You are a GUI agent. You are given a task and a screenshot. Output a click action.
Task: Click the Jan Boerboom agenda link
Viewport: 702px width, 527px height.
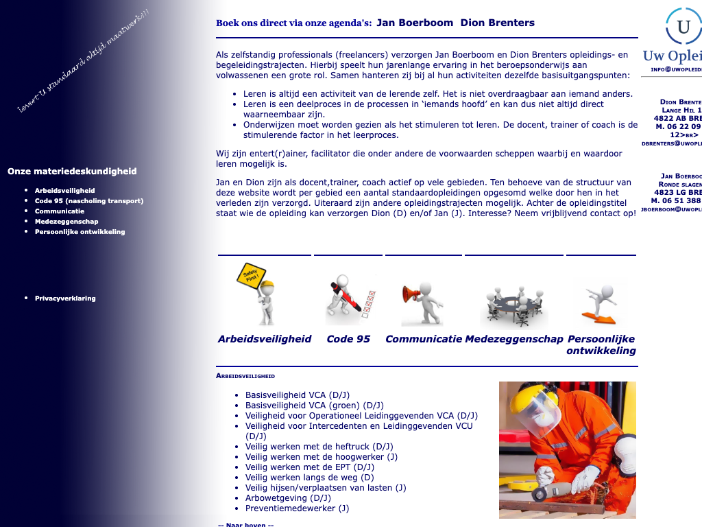[415, 23]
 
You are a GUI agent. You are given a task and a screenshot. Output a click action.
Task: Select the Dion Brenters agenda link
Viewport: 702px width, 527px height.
[497, 23]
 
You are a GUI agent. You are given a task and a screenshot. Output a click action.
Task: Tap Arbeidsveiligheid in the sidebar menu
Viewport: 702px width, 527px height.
[64, 191]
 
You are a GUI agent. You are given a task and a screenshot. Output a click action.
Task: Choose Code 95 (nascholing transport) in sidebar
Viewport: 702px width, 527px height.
[89, 201]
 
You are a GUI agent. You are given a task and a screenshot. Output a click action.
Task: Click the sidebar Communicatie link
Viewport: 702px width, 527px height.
[60, 211]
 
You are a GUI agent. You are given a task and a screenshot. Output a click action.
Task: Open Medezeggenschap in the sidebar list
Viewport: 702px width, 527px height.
[66, 222]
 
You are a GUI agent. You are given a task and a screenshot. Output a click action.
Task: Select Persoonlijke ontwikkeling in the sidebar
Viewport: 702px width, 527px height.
[80, 232]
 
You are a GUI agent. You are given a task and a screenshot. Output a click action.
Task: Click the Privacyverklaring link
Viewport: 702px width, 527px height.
[65, 298]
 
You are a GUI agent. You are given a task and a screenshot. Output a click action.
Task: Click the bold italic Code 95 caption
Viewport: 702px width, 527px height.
[348, 339]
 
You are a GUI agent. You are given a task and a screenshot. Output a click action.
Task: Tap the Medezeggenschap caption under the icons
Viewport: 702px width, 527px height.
[514, 339]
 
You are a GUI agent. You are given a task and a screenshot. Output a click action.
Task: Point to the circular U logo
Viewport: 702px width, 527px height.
[683, 27]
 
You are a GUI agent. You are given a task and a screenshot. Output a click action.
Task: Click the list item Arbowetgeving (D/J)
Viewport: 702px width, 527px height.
[288, 498]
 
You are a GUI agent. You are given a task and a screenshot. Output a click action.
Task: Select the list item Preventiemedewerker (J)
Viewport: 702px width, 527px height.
[297, 508]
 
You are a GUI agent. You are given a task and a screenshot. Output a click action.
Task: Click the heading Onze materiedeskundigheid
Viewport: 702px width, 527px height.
[72, 172]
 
